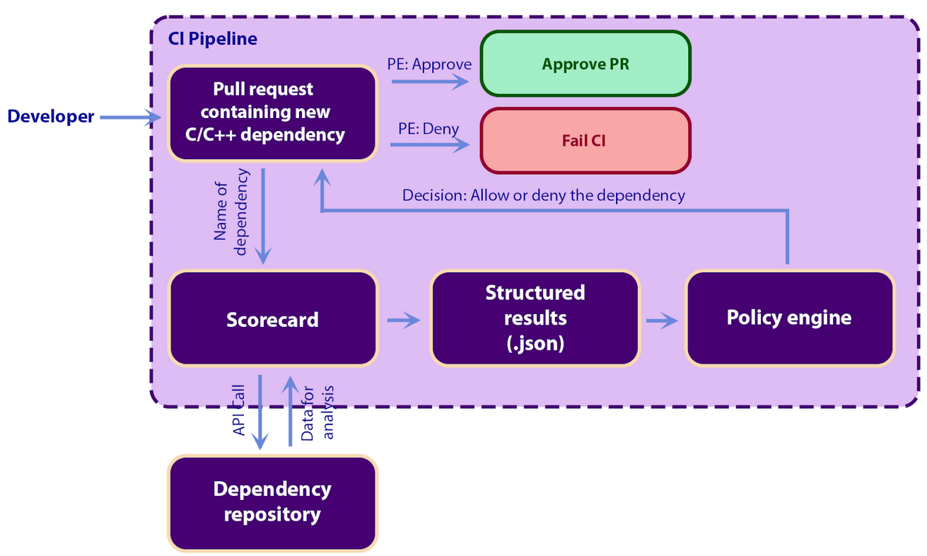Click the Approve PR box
click(585, 64)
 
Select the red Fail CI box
click(585, 140)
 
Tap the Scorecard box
click(272, 319)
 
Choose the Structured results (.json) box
click(535, 318)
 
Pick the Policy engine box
click(789, 318)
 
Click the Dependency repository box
click(272, 502)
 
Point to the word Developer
click(51, 117)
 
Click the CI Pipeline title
click(212, 39)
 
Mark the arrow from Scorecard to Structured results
click(403, 321)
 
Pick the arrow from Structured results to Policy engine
click(662, 321)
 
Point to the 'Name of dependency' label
click(231, 212)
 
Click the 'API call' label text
click(240, 410)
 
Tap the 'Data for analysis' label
click(317, 413)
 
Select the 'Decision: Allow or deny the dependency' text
click(543, 195)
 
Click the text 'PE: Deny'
click(428, 129)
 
